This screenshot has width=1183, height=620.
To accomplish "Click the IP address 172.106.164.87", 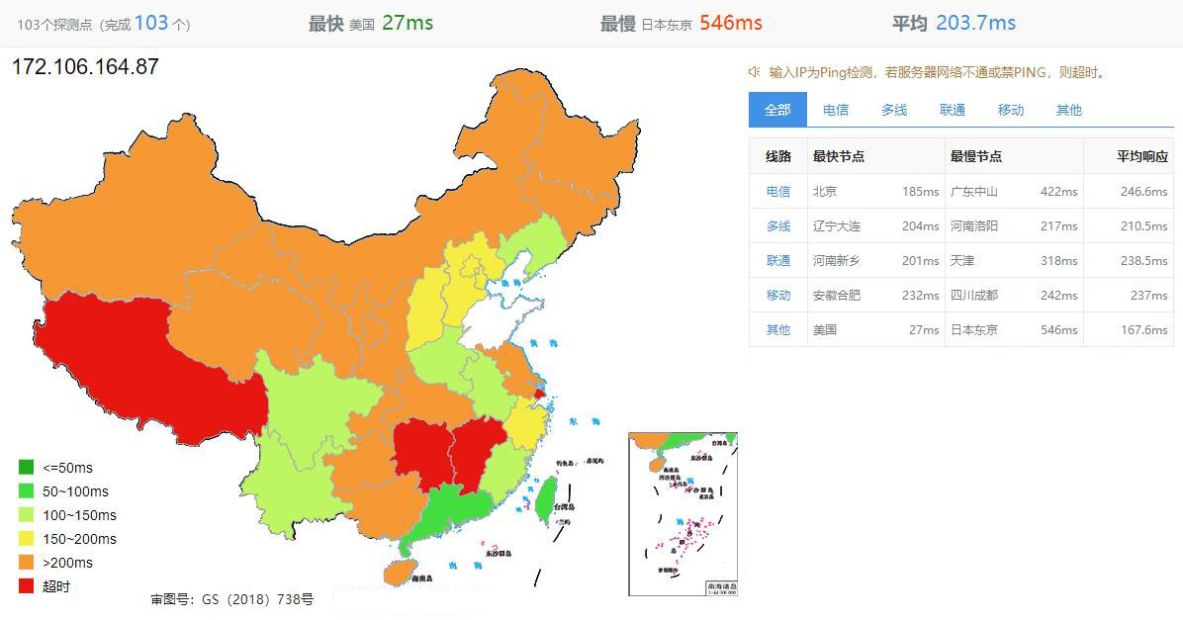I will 85,67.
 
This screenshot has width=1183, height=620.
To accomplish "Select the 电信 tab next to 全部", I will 836,110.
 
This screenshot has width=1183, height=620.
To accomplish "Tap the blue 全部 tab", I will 777,110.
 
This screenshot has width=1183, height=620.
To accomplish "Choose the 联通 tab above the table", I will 953,110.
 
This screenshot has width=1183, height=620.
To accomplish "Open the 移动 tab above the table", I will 1011,110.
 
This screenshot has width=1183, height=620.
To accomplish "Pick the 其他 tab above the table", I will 1069,110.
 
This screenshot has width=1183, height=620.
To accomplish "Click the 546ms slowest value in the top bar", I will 730,23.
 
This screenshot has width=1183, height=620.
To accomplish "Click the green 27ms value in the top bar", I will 408,23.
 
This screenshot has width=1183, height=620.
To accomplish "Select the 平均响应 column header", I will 1142,156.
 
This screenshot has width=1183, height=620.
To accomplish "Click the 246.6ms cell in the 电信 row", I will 1143,192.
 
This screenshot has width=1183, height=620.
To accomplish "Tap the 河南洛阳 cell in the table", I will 974,226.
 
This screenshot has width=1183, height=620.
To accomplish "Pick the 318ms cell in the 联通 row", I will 1058,261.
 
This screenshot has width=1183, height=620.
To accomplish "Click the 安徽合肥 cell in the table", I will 837,296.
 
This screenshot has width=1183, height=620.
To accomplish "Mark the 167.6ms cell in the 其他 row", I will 1143,330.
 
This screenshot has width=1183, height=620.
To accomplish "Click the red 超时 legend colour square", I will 27,586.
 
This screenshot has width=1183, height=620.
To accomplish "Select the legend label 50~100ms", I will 75,491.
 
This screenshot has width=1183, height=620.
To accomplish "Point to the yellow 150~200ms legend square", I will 27,539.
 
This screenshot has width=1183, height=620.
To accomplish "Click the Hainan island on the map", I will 398,572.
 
